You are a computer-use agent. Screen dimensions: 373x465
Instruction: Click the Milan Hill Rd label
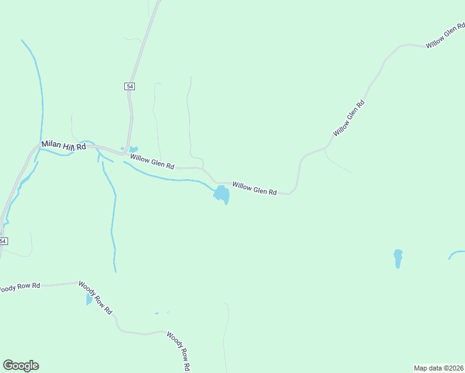(63, 145)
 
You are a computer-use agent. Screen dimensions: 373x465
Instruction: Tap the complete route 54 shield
(129, 86)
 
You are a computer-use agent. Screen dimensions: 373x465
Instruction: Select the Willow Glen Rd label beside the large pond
(254, 188)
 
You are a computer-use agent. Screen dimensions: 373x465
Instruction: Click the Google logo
(21, 366)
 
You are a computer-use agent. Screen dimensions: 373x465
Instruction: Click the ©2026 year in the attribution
(455, 368)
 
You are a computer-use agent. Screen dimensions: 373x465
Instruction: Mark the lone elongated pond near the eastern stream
(398, 258)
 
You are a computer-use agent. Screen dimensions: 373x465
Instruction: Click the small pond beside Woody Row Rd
(89, 300)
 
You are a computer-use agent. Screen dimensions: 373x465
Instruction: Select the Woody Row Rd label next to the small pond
(95, 298)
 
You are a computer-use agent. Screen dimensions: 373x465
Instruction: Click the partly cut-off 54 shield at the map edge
(3, 241)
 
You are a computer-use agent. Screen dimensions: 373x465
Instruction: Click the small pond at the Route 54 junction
(134, 149)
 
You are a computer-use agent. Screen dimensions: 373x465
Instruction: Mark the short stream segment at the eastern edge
(456, 254)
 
